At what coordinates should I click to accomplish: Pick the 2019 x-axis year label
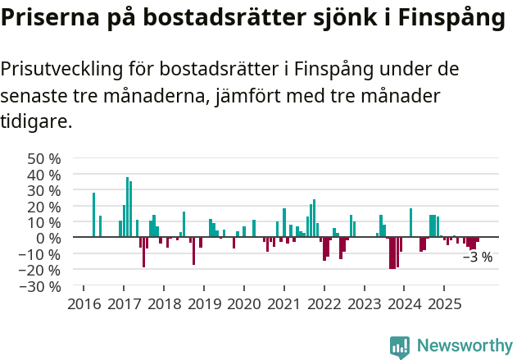(x=204, y=304)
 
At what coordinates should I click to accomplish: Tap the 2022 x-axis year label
(x=324, y=304)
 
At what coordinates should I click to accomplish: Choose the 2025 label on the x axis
(x=444, y=304)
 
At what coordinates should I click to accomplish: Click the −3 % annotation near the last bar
(x=478, y=257)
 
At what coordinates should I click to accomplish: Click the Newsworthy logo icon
(x=400, y=347)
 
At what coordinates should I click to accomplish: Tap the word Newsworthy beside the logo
(x=464, y=347)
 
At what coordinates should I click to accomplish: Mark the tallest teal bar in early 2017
(x=127, y=207)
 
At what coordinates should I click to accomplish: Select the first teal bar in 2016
(x=93, y=215)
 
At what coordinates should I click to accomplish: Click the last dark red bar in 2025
(x=477, y=241)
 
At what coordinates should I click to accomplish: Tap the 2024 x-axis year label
(x=404, y=304)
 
